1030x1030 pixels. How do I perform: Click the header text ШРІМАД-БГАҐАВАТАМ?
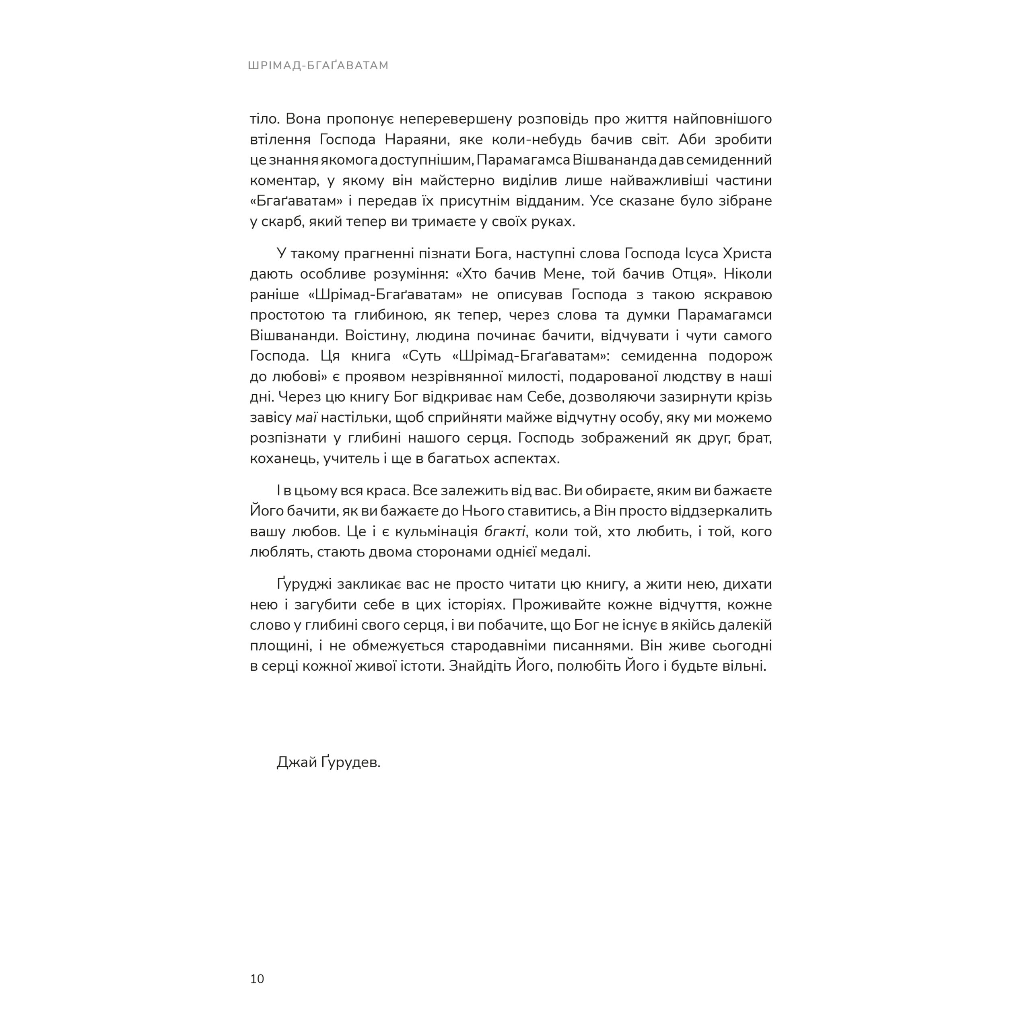coord(318,66)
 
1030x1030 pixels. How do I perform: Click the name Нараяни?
coord(408,140)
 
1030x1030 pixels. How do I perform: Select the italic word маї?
coord(306,418)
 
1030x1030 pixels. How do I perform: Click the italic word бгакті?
coord(504,531)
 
